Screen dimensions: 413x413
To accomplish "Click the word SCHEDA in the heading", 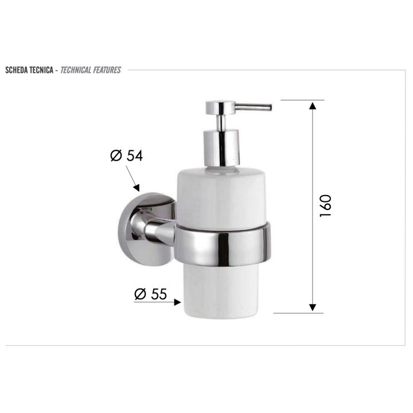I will pyautogui.click(x=18, y=70).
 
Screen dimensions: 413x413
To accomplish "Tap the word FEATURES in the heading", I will pyautogui.click(x=107, y=70).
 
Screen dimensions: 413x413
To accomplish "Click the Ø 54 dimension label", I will pyautogui.click(x=126, y=155).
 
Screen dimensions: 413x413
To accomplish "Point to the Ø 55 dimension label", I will pyautogui.click(x=150, y=294).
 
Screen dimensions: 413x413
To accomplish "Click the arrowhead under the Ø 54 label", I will pyautogui.click(x=136, y=187).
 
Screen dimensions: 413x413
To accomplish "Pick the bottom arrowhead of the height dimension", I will pyautogui.click(x=312, y=307).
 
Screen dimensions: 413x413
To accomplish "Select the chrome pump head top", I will pyautogui.click(x=220, y=107).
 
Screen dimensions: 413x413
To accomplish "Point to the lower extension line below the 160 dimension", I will pyautogui.click(x=298, y=313).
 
